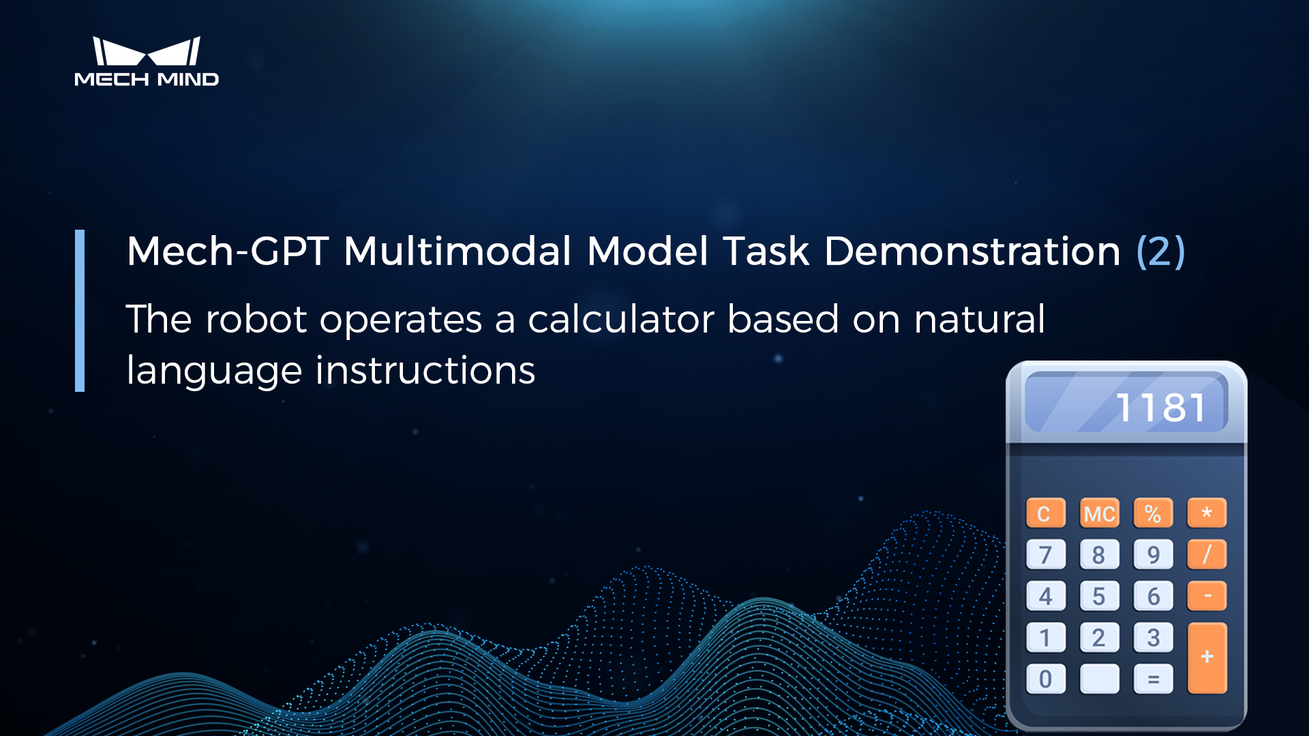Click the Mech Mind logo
click(x=147, y=61)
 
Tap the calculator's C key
click(x=1045, y=513)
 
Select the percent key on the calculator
click(x=1153, y=513)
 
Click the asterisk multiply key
click(x=1207, y=512)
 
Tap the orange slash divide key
click(x=1207, y=554)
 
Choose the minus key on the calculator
click(x=1207, y=596)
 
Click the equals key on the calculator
click(x=1153, y=679)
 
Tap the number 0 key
click(x=1045, y=679)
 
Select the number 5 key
click(x=1099, y=596)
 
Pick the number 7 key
click(x=1045, y=555)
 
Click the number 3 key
click(x=1153, y=638)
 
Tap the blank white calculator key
click(x=1099, y=679)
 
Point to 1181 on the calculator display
click(x=1160, y=408)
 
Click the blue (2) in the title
click(x=1160, y=251)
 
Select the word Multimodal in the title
click(x=457, y=251)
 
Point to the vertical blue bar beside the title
click(x=80, y=311)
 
